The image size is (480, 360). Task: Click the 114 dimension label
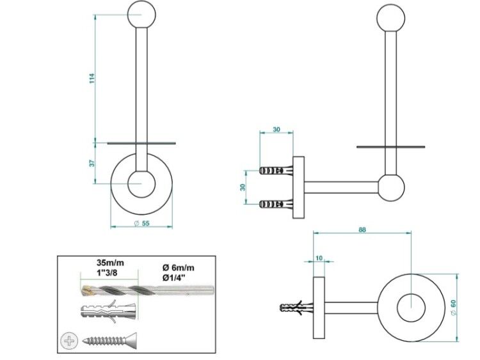[92, 78]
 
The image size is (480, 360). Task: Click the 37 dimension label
[92, 163]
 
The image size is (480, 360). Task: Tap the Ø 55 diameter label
[141, 223]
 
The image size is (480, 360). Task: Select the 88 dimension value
[362, 230]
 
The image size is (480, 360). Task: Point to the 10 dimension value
[319, 258]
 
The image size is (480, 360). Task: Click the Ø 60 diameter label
[453, 308]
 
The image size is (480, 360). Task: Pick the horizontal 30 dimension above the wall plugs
[276, 129]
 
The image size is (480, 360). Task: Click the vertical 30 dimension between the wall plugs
[243, 187]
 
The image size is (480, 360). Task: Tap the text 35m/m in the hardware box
[111, 262]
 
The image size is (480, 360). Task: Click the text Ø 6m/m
[178, 268]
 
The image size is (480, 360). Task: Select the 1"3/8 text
[107, 272]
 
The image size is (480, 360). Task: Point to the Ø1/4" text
[173, 278]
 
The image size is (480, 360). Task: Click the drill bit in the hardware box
[148, 290]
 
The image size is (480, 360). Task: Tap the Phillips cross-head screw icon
[68, 340]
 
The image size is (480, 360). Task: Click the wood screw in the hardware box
[109, 340]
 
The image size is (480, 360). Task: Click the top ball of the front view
[141, 14]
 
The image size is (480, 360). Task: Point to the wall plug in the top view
[296, 307]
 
